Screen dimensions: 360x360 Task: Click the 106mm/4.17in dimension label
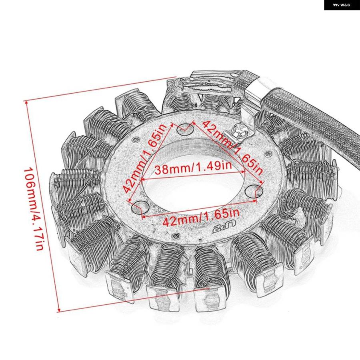pos(34,209)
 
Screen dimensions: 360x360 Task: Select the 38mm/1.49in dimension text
pos(193,167)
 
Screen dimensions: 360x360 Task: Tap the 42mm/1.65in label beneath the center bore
pos(201,217)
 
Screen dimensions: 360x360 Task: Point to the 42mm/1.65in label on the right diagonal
pos(232,147)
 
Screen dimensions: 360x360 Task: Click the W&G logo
pos(342,5)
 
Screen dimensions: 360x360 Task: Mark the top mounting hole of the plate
pos(186,130)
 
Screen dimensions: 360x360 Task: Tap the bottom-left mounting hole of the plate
pos(140,207)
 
